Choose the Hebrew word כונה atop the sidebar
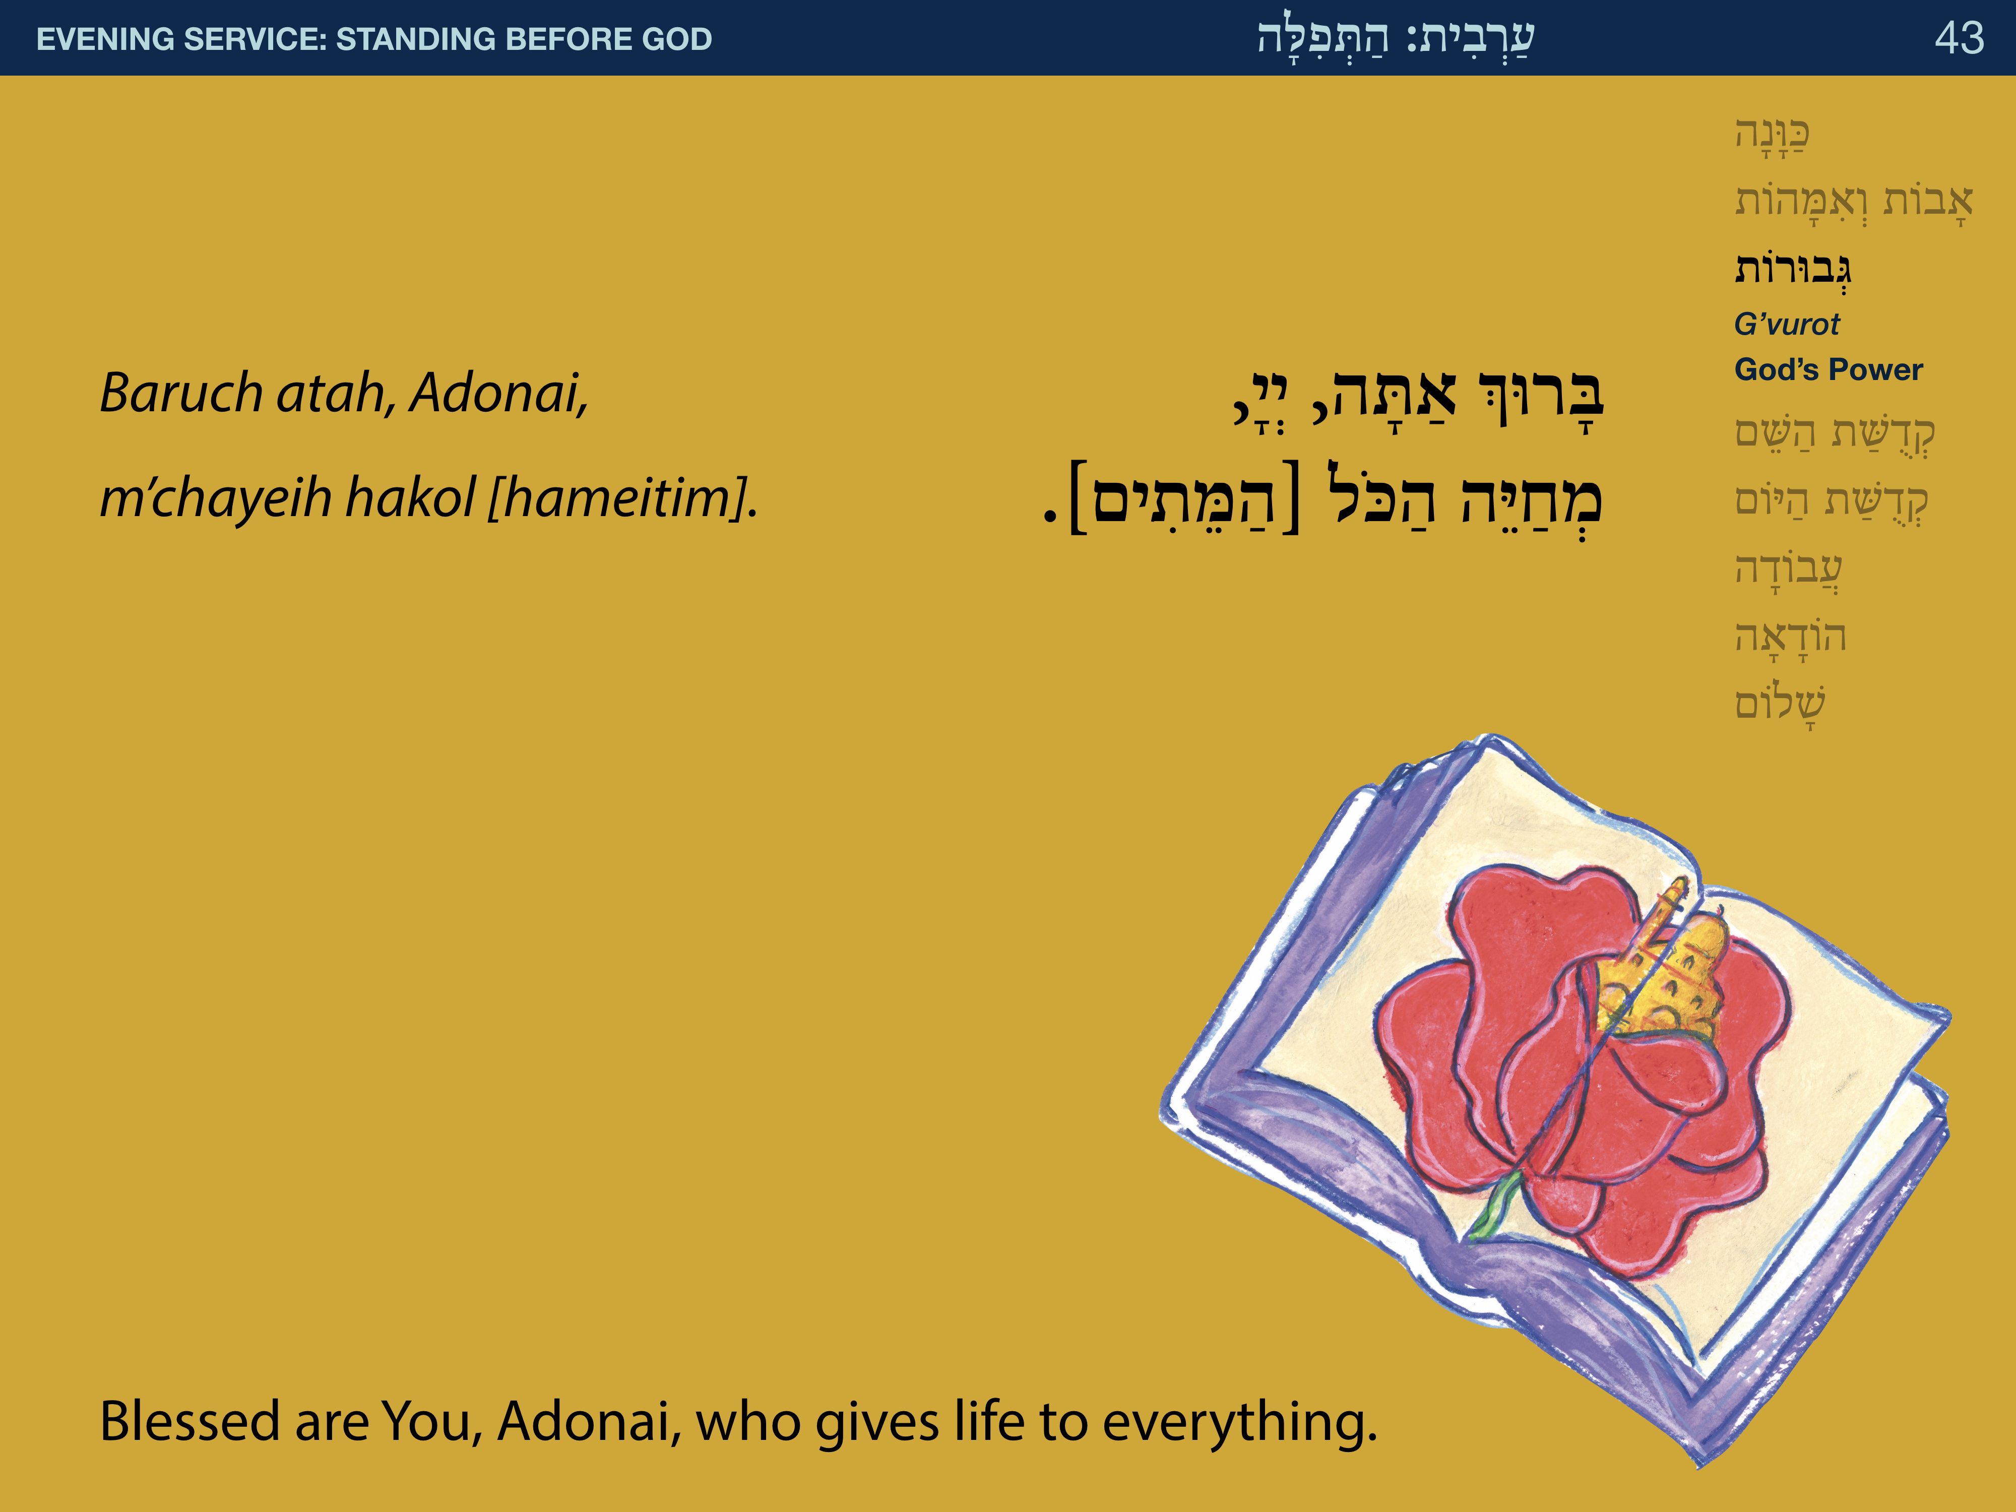(x=1772, y=135)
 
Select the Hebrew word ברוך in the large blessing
(x=1540, y=398)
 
